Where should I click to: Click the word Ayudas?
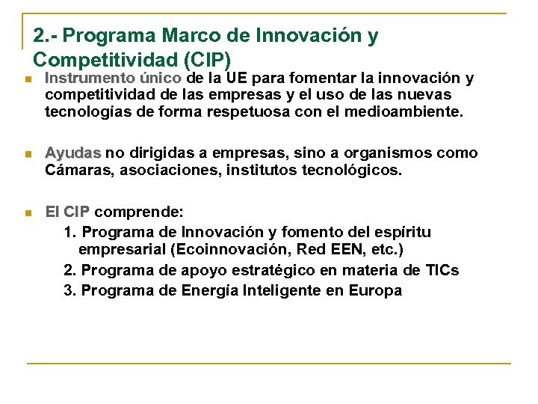[x=72, y=153]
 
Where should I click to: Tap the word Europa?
[x=375, y=290]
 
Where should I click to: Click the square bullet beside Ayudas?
[x=27, y=154]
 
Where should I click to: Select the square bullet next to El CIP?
[x=27, y=213]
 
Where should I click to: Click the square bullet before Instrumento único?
[x=27, y=79]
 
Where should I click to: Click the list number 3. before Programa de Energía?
[x=70, y=290]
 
